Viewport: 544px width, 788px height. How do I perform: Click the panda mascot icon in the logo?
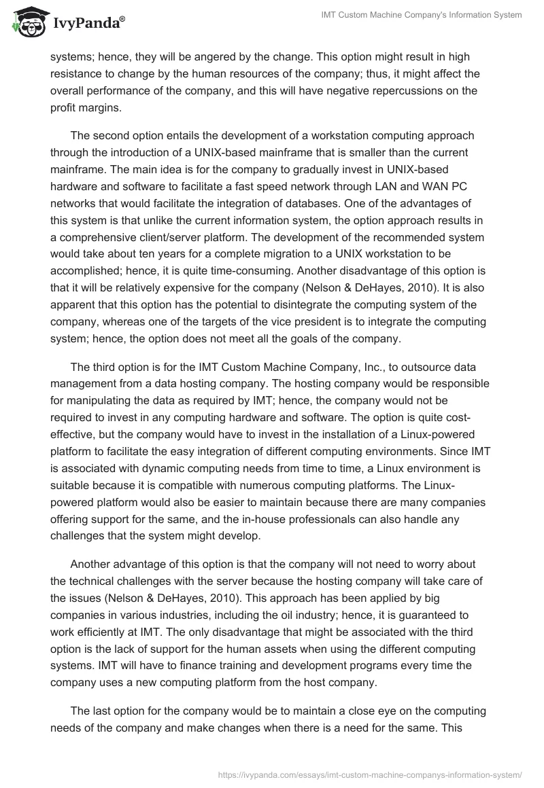click(27, 22)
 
